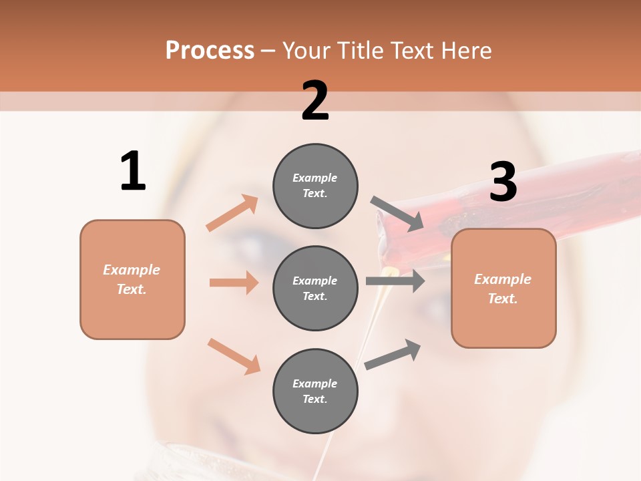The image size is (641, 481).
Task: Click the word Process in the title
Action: click(x=210, y=51)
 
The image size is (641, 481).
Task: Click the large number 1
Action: click(x=133, y=171)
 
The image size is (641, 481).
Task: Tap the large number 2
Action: click(x=315, y=101)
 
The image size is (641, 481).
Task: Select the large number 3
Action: click(x=503, y=182)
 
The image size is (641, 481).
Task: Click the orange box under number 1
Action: click(x=132, y=279)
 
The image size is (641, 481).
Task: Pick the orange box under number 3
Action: click(x=503, y=288)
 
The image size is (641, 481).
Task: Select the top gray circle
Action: click(x=315, y=186)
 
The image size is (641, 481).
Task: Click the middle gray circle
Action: click(x=315, y=288)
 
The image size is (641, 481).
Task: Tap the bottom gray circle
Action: click(x=315, y=391)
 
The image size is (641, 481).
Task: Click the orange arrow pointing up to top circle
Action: click(x=232, y=213)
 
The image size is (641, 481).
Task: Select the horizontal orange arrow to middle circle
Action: click(x=234, y=283)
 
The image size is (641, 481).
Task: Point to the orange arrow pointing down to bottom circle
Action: click(x=234, y=356)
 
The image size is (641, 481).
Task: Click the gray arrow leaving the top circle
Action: click(x=397, y=214)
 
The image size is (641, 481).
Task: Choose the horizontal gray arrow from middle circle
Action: click(x=395, y=281)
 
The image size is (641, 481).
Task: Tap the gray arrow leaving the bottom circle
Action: click(x=393, y=355)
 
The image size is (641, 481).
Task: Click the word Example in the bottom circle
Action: click(x=315, y=383)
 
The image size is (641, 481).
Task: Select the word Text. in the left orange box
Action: click(x=132, y=289)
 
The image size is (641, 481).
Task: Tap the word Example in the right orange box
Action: click(x=503, y=279)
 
